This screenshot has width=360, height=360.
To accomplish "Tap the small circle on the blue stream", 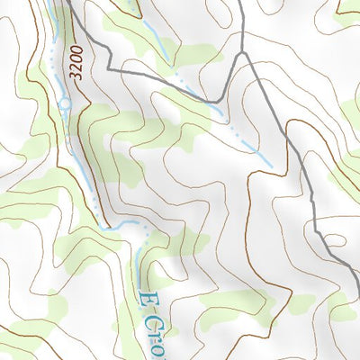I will [x=65, y=105].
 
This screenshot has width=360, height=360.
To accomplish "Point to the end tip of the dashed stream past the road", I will [x=269, y=166].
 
